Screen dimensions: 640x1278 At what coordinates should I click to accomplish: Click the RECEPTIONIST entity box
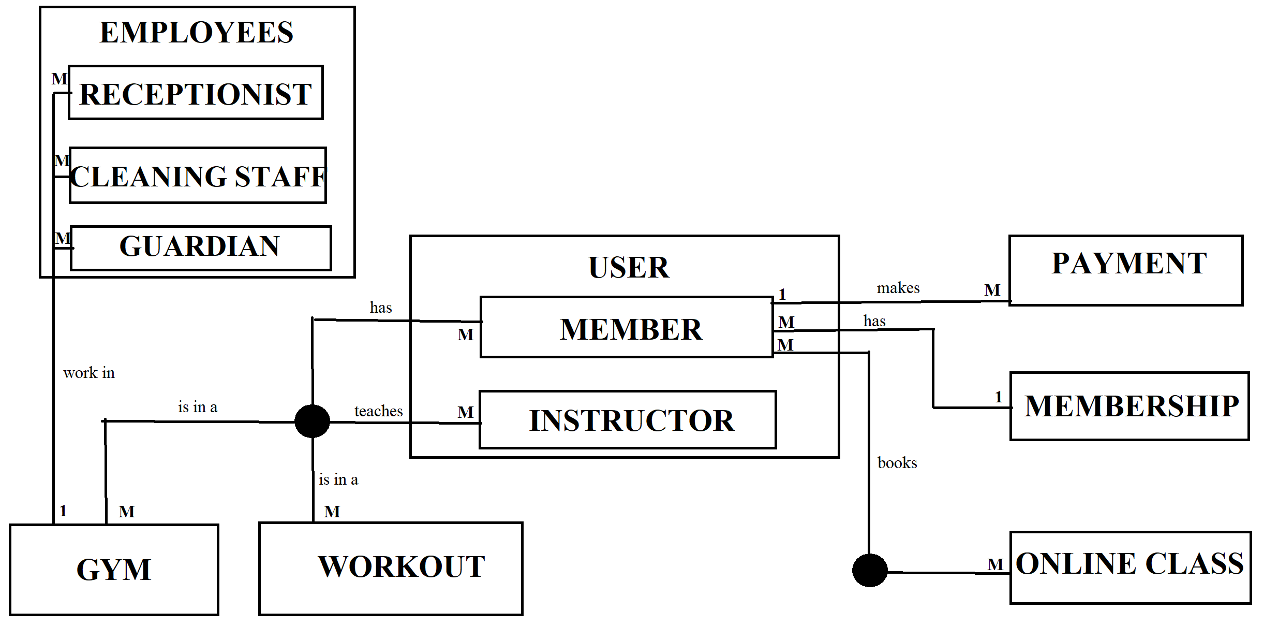196,93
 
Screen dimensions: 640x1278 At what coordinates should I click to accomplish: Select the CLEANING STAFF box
198,176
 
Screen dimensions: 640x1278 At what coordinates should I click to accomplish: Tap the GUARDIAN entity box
200,248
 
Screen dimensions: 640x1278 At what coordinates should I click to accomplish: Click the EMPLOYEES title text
196,33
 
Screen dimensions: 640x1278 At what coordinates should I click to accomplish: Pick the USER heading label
628,268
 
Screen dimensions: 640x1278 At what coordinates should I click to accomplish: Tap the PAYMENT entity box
1126,270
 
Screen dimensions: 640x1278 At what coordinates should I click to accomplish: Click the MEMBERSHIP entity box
1130,406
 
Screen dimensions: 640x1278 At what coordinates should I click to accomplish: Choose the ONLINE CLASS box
1130,568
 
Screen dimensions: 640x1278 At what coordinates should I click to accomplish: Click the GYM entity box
114,570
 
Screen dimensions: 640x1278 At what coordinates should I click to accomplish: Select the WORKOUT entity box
391,569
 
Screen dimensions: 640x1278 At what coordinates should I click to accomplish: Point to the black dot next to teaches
312,421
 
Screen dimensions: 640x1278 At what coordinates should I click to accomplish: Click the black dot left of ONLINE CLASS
870,570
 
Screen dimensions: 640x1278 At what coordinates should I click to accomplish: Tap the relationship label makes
898,288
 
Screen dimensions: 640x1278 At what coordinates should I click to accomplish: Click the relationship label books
897,463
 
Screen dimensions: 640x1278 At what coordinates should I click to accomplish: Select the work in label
89,373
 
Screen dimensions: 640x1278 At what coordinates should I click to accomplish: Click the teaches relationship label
378,411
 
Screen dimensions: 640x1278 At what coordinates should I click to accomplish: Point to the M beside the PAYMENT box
992,290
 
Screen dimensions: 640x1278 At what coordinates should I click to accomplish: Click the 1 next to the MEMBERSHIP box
998,397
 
